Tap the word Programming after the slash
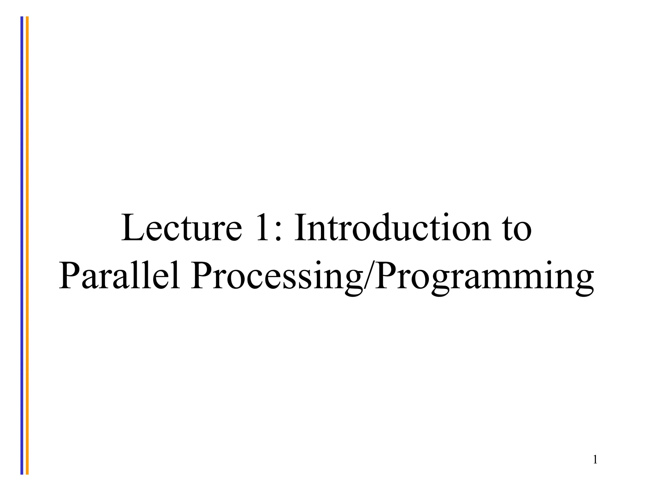pyautogui.click(x=484, y=277)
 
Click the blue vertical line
pyautogui.click(x=22, y=245)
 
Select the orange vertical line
pyautogui.click(x=27, y=245)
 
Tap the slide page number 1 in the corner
pyautogui.click(x=595, y=460)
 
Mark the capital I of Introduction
pyautogui.click(x=300, y=227)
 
